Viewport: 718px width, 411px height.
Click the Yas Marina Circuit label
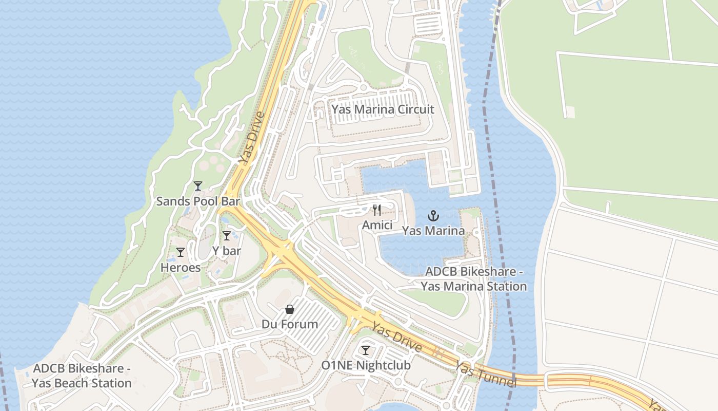pyautogui.click(x=383, y=109)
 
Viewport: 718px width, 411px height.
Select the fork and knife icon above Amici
pyautogui.click(x=377, y=210)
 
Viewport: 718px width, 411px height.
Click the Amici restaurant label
pyautogui.click(x=377, y=226)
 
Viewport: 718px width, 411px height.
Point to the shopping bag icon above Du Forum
pyautogui.click(x=290, y=309)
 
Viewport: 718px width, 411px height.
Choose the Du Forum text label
pyautogui.click(x=290, y=325)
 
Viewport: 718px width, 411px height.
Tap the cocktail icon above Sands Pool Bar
pyautogui.click(x=198, y=186)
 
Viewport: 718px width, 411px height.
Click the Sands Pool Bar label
pyautogui.click(x=198, y=201)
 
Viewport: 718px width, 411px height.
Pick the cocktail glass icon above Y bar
pyautogui.click(x=226, y=236)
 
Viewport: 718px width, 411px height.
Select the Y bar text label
pyautogui.click(x=226, y=251)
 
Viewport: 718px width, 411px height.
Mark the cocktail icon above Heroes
pyautogui.click(x=181, y=252)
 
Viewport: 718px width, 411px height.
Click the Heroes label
pyautogui.click(x=181, y=268)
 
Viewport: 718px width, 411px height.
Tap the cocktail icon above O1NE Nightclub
pyautogui.click(x=366, y=350)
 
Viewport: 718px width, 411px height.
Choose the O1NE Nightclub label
pyautogui.click(x=366, y=366)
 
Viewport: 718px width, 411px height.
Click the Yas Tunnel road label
pyautogui.click(x=485, y=375)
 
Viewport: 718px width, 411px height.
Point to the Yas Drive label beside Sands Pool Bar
pyautogui.click(x=251, y=139)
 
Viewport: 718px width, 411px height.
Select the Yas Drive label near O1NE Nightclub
pyautogui.click(x=397, y=338)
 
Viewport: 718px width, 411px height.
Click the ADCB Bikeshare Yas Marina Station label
pyautogui.click(x=474, y=279)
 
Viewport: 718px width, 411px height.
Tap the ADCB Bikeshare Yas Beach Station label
pyautogui.click(x=82, y=376)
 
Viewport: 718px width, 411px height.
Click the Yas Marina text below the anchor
pyautogui.click(x=433, y=231)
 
